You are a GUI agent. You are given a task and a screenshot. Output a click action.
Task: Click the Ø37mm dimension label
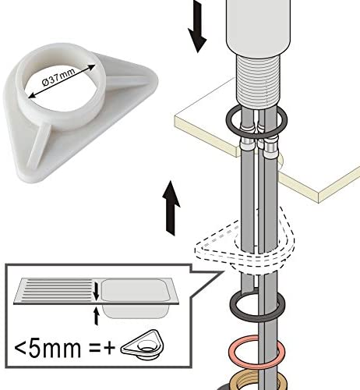(x=58, y=77)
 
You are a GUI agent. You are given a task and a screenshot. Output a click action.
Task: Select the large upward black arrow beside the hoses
(x=171, y=208)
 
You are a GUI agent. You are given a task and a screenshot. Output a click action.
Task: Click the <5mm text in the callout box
(x=48, y=349)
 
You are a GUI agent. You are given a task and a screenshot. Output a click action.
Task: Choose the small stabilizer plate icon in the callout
(x=143, y=345)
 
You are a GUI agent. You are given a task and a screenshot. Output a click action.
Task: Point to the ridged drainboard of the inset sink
(x=57, y=290)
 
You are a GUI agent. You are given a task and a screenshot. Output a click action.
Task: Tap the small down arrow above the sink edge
(x=97, y=291)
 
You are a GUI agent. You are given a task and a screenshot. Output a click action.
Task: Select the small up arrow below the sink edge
(x=97, y=316)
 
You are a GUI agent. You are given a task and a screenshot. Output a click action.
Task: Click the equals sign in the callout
(x=94, y=349)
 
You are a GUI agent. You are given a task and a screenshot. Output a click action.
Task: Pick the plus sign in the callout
(x=109, y=349)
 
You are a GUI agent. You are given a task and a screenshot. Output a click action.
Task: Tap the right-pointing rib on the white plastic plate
(x=128, y=81)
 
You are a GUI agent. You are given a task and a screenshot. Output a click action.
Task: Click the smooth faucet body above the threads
(x=257, y=26)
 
